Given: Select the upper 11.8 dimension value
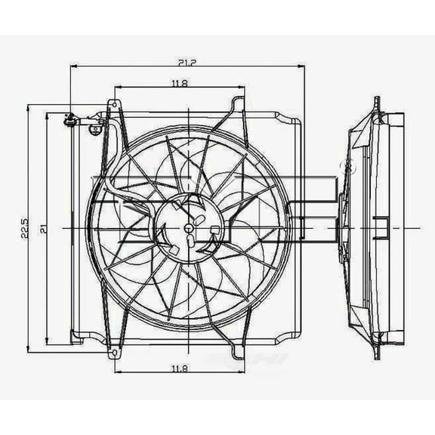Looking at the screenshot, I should click(x=180, y=84).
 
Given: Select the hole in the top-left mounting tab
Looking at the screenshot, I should click(x=116, y=102).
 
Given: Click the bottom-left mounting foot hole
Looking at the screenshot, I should click(x=116, y=352).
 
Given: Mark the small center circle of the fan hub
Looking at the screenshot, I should click(x=187, y=227).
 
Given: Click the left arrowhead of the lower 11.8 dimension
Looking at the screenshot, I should click(x=119, y=374).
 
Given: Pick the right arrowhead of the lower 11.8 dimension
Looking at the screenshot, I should click(x=241, y=374).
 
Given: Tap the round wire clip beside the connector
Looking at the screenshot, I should click(x=95, y=129).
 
